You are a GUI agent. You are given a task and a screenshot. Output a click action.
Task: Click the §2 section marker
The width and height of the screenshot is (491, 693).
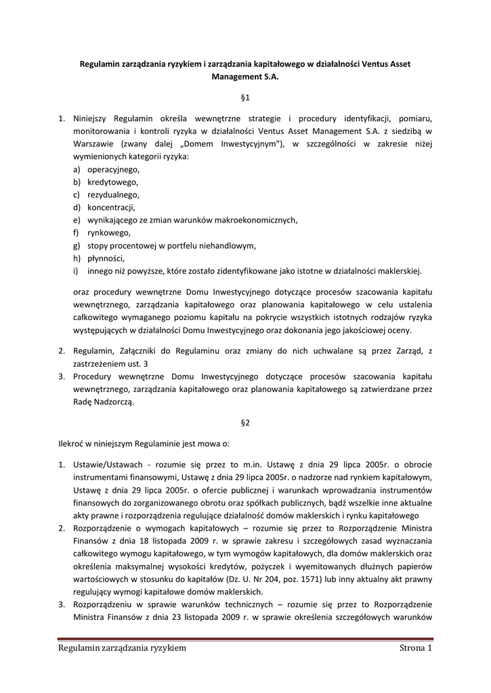tap(245, 423)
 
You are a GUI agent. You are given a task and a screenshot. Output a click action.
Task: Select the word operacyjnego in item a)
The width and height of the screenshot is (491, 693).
tap(113, 169)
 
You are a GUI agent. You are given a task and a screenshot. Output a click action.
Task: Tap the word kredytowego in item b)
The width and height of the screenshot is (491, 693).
tap(112, 182)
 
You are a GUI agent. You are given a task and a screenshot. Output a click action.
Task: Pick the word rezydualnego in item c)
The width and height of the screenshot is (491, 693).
tap(113, 194)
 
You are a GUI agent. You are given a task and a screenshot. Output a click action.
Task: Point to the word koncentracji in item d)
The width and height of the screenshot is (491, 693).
tap(111, 207)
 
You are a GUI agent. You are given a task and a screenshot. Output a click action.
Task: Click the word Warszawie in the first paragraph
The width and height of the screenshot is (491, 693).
tap(94, 143)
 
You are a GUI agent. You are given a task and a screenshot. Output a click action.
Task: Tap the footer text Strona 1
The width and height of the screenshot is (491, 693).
tap(415, 649)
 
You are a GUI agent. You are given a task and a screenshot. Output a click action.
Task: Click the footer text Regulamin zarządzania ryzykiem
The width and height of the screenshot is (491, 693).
tap(122, 649)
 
